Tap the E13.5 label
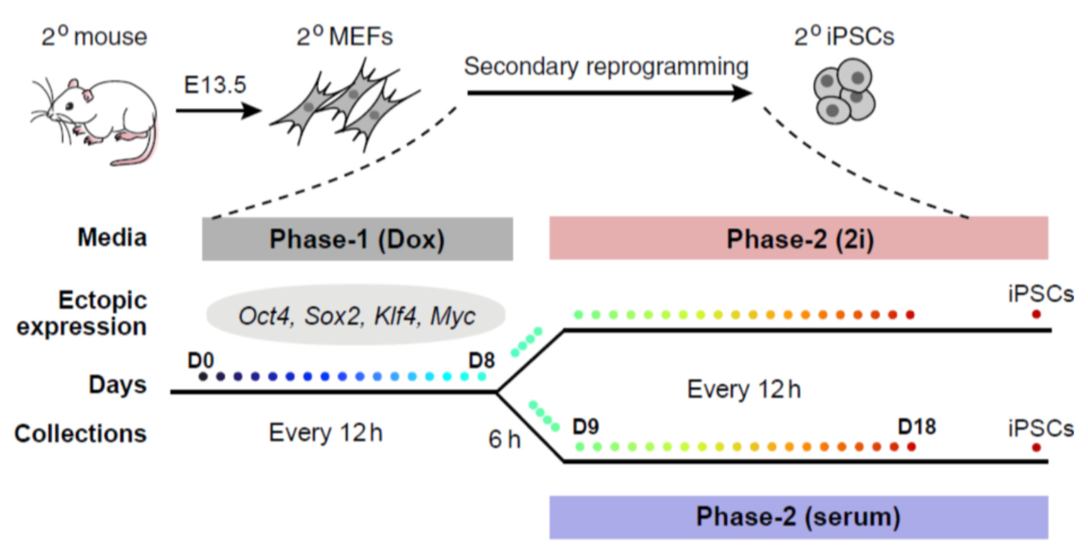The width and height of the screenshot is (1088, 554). [x=215, y=85]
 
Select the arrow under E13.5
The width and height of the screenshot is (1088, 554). [x=218, y=111]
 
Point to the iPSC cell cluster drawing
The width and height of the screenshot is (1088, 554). [x=844, y=92]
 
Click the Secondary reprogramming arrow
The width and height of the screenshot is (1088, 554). [x=609, y=93]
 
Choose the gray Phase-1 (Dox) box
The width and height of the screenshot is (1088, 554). [x=357, y=239]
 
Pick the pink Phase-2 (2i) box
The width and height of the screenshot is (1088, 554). [x=798, y=238]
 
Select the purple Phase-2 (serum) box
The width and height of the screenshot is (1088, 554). [x=798, y=517]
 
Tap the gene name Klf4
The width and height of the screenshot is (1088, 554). [x=395, y=316]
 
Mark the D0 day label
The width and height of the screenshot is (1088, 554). [x=201, y=360]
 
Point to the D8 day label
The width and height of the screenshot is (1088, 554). [x=481, y=360]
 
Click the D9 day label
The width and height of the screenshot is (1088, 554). [x=585, y=427]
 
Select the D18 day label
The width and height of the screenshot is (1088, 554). [x=916, y=427]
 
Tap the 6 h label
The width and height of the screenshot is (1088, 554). [x=504, y=440]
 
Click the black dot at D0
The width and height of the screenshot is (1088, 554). [x=203, y=376]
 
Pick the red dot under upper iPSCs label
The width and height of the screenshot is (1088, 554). [x=1036, y=314]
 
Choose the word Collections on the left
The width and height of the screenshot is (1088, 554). [x=80, y=433]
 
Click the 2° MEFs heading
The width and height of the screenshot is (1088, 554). [x=345, y=37]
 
